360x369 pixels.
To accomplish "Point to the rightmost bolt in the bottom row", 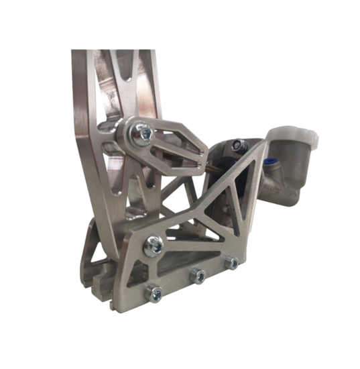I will tap(231, 261).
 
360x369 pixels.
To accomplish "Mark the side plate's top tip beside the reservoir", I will tap(261, 144).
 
